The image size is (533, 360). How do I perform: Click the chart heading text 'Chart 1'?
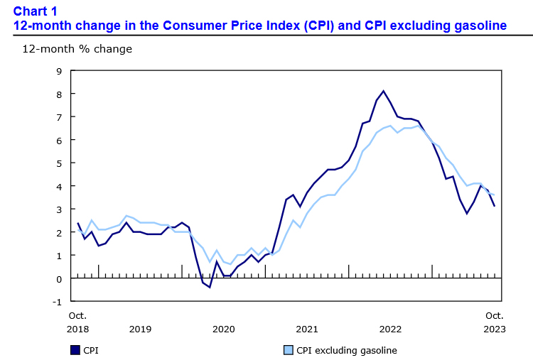coord(35,11)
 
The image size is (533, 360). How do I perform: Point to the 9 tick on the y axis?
coord(60,71)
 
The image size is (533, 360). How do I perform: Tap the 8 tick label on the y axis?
coord(60,94)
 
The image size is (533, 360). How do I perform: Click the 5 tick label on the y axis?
coord(60,163)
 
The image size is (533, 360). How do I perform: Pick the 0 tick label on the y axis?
coord(60,278)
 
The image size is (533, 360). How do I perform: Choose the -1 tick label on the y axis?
coord(58,301)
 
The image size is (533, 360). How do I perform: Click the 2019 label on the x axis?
coord(140,329)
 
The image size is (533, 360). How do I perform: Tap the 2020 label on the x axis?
coord(223,329)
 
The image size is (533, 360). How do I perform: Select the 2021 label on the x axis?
coord(307,329)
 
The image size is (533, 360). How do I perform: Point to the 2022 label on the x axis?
coord(390,329)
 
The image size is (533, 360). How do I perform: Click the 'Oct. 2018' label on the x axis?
coord(77,322)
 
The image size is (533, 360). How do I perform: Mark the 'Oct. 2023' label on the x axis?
coord(495,322)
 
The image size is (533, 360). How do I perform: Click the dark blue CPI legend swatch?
coord(75,350)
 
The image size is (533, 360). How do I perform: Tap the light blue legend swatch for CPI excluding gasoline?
coord(288,350)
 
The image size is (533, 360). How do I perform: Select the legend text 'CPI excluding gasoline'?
coord(346,350)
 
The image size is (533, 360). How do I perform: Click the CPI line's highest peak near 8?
coord(384,91)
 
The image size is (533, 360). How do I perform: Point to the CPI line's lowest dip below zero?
coord(210,287)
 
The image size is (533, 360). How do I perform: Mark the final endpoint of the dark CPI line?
coord(495,206)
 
